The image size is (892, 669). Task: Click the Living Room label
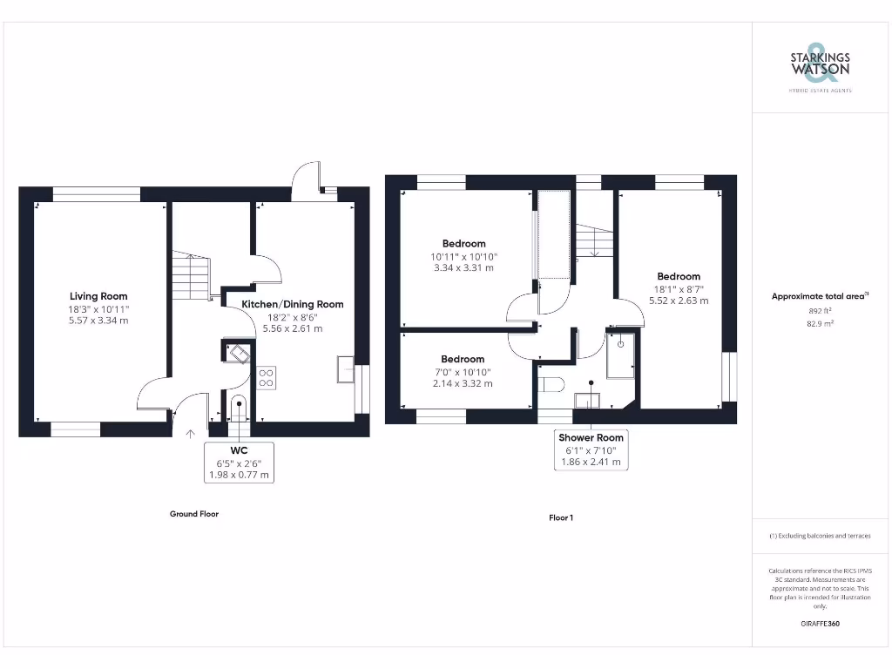pyautogui.click(x=98, y=296)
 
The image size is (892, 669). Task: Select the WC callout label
pyautogui.click(x=239, y=450)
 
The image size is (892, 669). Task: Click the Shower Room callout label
pyautogui.click(x=591, y=437)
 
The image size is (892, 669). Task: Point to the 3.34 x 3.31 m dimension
pyautogui.click(x=463, y=268)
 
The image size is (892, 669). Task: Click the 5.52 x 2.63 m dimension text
pyautogui.click(x=679, y=301)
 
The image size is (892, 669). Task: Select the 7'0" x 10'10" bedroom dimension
pyautogui.click(x=463, y=372)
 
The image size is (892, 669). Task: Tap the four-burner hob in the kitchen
pyautogui.click(x=267, y=377)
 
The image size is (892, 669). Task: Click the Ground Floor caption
pyautogui.click(x=193, y=514)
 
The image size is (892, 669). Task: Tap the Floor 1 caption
pyautogui.click(x=560, y=517)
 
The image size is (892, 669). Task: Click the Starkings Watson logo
pyautogui.click(x=820, y=65)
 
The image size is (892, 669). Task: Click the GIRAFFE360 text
pyautogui.click(x=820, y=624)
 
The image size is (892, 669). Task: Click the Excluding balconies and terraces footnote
pyautogui.click(x=820, y=536)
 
